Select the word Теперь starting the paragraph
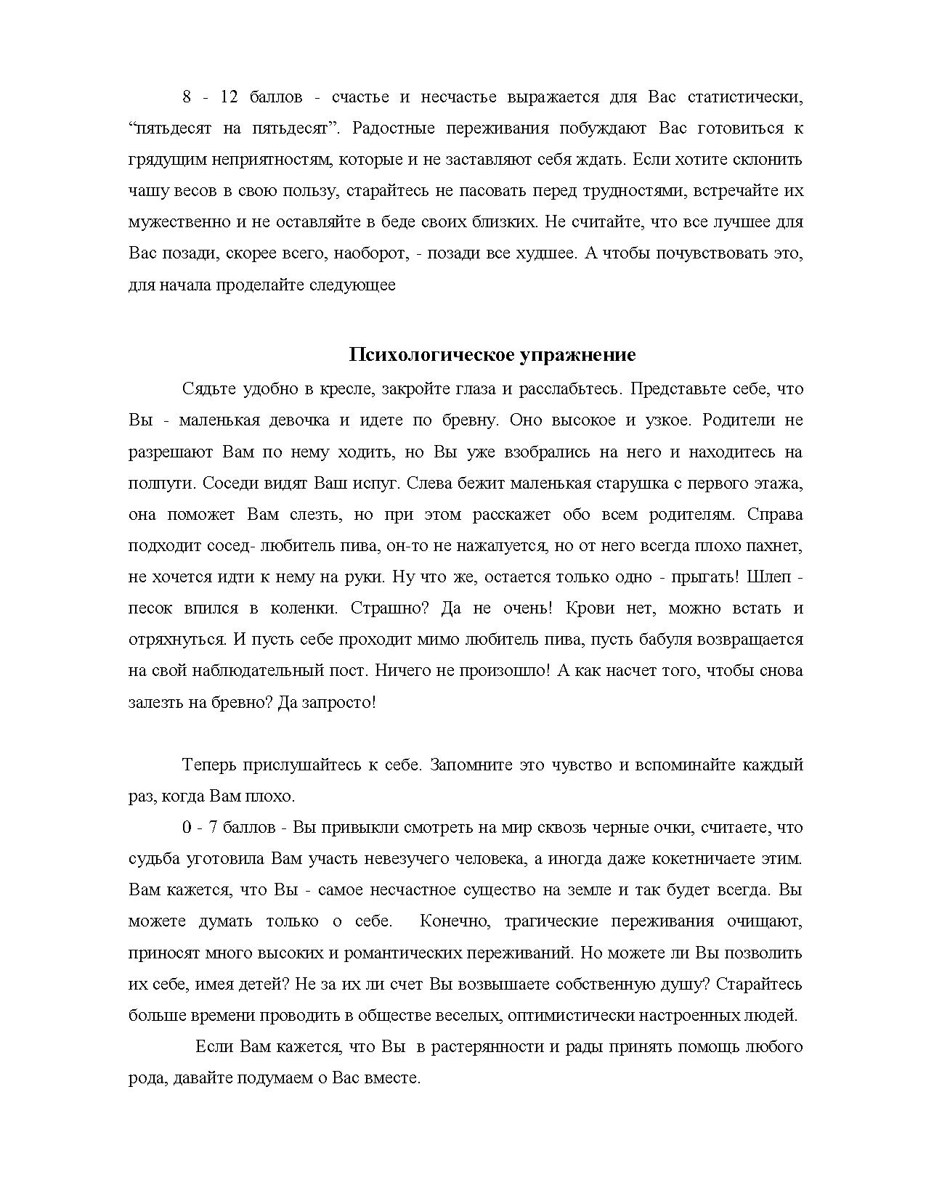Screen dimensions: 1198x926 pyautogui.click(x=209, y=765)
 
